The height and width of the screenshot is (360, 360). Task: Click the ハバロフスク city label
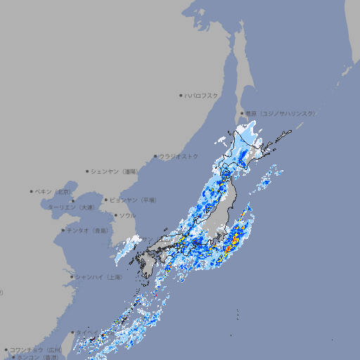tap(202, 95)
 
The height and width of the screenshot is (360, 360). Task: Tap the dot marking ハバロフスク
tap(181, 95)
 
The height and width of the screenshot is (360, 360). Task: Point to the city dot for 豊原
tap(242, 113)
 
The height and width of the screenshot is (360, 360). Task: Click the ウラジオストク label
tap(179, 156)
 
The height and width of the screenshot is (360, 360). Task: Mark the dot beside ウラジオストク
tap(155, 156)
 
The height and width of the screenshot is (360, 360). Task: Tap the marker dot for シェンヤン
tap(87, 171)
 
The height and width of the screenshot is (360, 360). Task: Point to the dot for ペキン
tap(32, 191)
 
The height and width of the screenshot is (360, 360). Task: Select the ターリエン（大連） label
tap(71, 207)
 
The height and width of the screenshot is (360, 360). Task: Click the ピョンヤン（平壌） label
tap(133, 200)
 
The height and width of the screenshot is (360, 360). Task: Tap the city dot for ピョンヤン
tap(106, 200)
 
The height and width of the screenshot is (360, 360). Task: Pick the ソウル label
tap(127, 215)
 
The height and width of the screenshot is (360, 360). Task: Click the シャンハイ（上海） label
tap(99, 277)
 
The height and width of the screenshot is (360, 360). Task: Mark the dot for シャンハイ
tap(72, 277)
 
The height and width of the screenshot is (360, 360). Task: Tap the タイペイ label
tap(88, 333)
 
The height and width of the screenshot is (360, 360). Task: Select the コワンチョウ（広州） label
tap(35, 349)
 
